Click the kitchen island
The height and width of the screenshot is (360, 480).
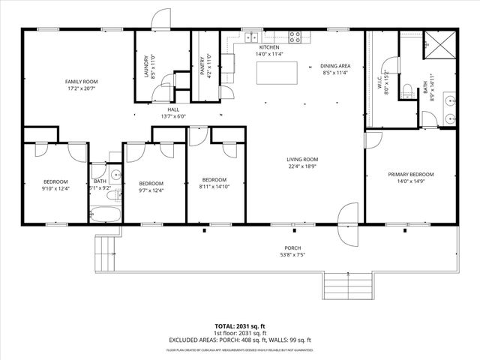click(274, 73)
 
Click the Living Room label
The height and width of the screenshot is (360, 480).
click(302, 159)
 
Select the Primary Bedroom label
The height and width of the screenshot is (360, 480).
click(410, 174)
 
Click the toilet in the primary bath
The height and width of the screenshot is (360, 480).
click(406, 91)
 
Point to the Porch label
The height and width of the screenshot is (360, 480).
click(292, 247)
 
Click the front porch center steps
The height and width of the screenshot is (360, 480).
click(349, 285)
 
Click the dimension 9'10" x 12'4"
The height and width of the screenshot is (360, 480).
click(55, 188)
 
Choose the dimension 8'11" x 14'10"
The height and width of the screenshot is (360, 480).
click(214, 187)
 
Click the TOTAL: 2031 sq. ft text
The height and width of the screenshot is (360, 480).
click(240, 326)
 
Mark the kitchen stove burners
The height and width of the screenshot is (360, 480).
click(295, 34)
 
